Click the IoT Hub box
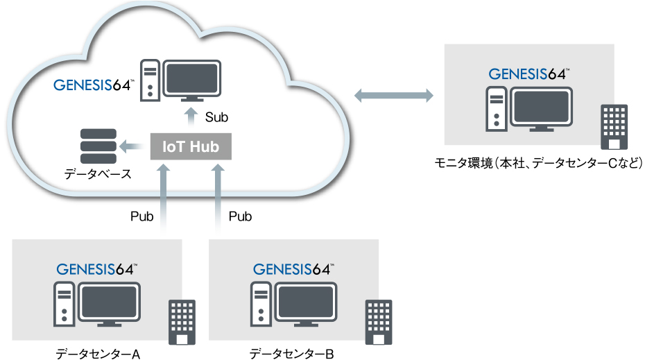click(191, 146)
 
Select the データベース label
click(98, 173)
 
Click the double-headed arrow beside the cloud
click(393, 96)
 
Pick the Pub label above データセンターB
click(240, 216)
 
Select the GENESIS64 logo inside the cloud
click(94, 86)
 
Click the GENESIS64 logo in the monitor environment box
click(530, 74)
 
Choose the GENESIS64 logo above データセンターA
click(97, 269)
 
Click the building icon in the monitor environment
click(614, 127)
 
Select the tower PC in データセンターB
click(260, 303)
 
